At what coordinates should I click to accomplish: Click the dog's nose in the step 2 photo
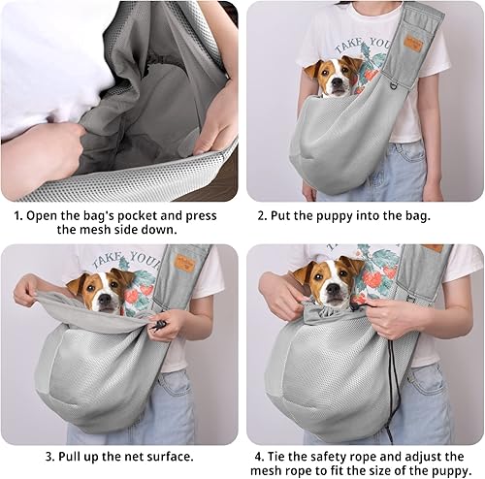335,90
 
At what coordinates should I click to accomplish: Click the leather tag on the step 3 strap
183,263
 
